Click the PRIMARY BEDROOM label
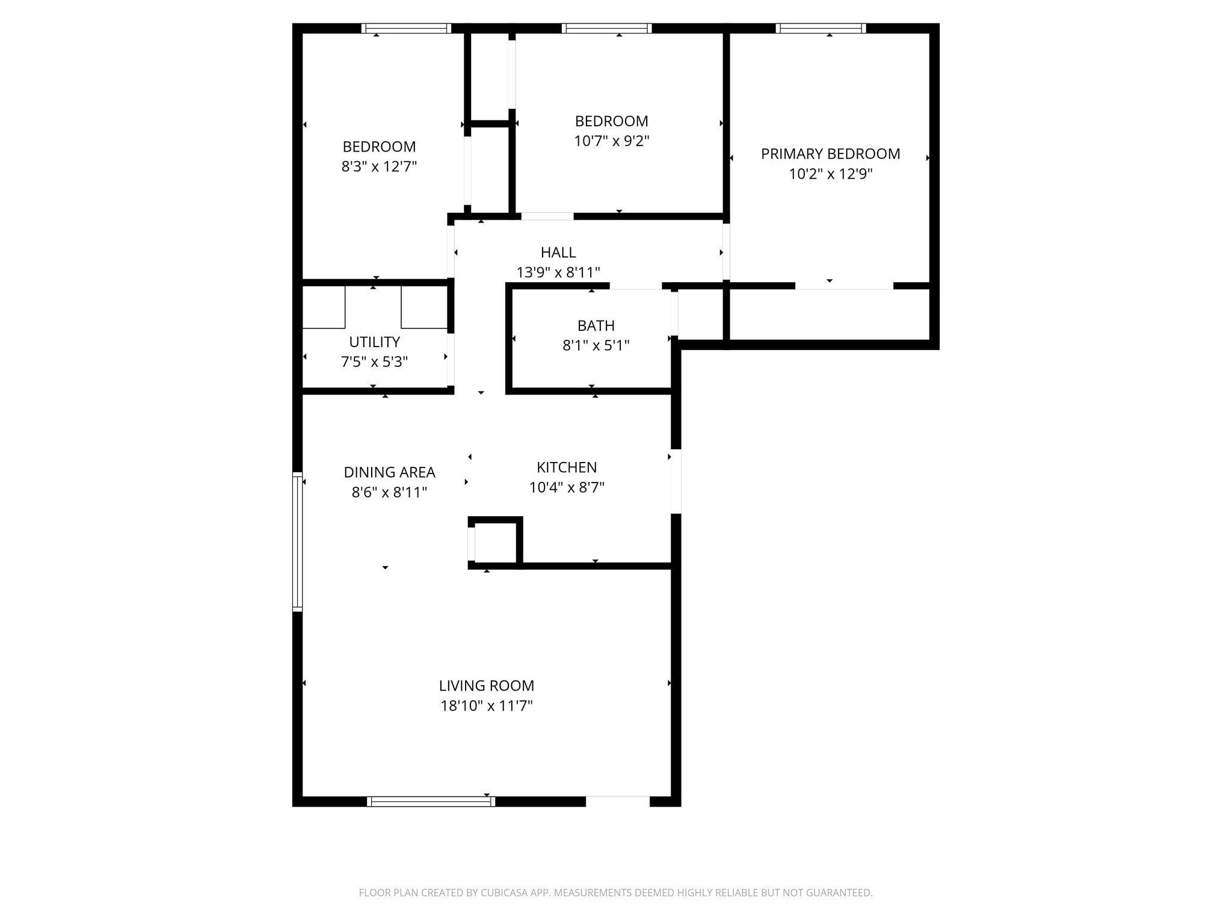[x=830, y=154]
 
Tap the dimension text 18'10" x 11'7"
[x=487, y=706]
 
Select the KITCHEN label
[x=567, y=467]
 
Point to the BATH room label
[x=596, y=325]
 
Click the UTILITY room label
[x=374, y=342]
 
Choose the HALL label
[x=558, y=252]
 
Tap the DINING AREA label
[x=389, y=472]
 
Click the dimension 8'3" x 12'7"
[x=379, y=167]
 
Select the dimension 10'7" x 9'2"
[x=611, y=141]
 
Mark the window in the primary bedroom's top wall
[x=821, y=28]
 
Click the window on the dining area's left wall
[x=297, y=541]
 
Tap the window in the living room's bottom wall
[x=431, y=801]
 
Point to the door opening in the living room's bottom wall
[x=618, y=801]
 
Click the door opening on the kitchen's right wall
[x=676, y=481]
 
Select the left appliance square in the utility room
[x=324, y=307]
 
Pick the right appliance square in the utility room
[x=424, y=307]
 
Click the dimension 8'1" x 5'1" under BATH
[x=596, y=345]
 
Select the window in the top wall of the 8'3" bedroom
[x=406, y=28]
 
